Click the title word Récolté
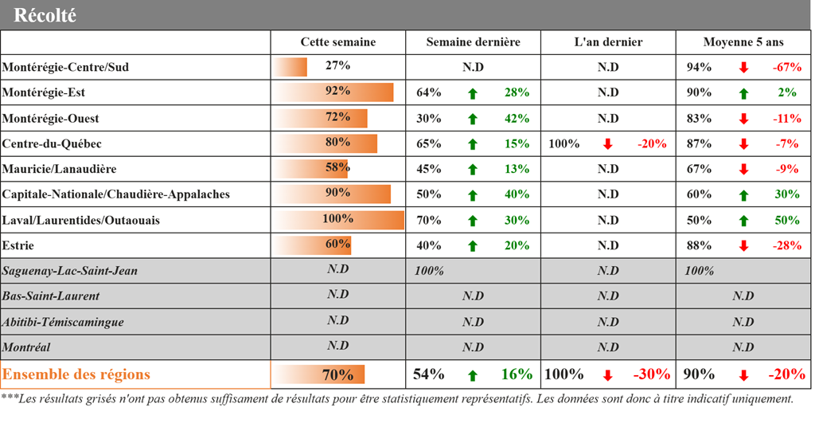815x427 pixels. coord(45,15)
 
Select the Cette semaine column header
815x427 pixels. coord(337,42)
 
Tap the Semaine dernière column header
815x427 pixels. coord(473,42)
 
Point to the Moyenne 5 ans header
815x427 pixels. coord(743,42)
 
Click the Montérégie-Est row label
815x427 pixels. coord(44,92)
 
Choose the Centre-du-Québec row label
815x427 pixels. coord(52,144)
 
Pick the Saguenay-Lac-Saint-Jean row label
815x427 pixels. coord(70,271)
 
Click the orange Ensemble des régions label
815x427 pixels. coord(76,374)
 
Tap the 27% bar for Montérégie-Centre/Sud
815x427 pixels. coord(291,67)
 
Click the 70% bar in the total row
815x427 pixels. coord(322,374)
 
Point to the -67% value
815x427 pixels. coord(786,68)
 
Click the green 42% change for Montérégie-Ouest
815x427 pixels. coord(517,119)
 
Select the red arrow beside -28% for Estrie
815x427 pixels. coord(743,246)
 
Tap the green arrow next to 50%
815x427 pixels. coord(743,221)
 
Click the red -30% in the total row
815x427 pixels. coord(651,374)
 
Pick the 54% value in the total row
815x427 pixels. coord(429,374)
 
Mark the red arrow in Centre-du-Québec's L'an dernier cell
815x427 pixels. coord(607,144)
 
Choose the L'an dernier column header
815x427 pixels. coord(608,42)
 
